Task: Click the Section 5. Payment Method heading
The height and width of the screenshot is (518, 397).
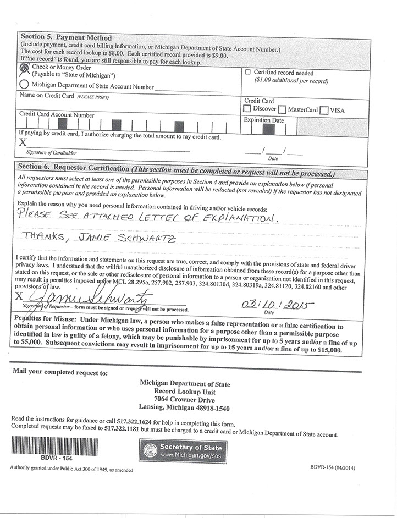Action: [65, 37]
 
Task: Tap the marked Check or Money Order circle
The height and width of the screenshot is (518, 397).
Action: [24, 68]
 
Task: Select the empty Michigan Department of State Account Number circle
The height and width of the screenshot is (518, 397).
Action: [24, 85]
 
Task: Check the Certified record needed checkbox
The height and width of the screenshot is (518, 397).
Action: [247, 73]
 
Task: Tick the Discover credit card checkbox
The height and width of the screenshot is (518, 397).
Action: [247, 109]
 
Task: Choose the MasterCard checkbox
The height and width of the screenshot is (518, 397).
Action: [282, 110]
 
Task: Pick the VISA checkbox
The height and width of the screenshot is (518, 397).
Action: [324, 110]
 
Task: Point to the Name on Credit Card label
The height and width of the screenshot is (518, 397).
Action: [47, 96]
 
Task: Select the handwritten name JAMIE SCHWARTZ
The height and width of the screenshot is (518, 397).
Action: [99, 237]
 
